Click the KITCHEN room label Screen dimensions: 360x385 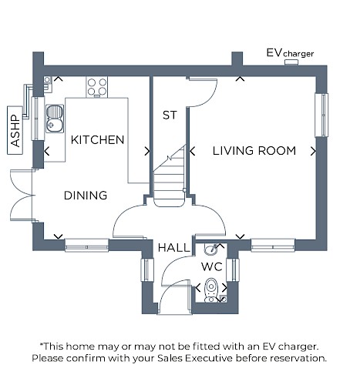pos(97,140)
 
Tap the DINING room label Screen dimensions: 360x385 pos(86,196)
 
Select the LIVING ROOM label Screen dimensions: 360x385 pos(254,151)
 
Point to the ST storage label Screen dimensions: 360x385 pos(170,115)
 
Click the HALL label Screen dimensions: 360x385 pos(174,248)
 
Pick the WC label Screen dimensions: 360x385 pos(212,267)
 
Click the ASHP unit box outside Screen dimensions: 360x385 pos(15,130)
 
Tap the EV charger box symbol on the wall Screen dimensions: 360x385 pos(291,62)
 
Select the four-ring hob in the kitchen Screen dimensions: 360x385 pos(97,87)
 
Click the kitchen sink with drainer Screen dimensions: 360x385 pos(55,119)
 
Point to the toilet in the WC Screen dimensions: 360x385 pos(211,290)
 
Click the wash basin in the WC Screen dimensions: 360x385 pos(211,249)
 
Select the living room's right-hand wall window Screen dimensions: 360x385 pos(321,115)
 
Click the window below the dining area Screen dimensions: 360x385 pos(86,246)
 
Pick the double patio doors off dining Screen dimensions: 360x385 pos(22,195)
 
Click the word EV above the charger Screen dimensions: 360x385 pos(274,53)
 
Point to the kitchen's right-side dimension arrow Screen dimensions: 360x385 pos(147,152)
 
